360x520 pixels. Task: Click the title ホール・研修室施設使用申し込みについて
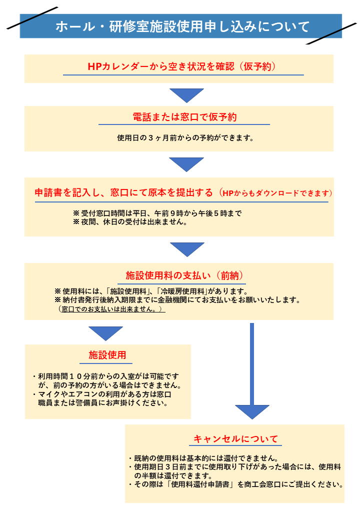click(182, 26)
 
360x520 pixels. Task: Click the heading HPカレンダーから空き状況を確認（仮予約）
click(181, 66)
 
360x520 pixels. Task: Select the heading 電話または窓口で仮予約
click(184, 117)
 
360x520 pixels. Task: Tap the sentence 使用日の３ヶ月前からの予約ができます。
click(185, 138)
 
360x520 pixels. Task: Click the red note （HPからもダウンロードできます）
click(275, 193)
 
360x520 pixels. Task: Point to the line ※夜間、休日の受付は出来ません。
click(130, 222)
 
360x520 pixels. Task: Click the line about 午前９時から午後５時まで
click(157, 213)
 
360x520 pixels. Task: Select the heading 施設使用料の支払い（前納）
click(184, 275)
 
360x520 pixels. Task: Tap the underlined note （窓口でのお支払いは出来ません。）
click(111, 309)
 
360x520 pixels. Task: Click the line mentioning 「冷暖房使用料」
click(151, 291)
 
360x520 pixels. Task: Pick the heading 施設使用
click(107, 355)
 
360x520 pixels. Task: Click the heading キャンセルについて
click(235, 439)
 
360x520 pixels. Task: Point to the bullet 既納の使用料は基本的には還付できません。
click(203, 458)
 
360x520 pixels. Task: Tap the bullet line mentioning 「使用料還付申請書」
click(235, 484)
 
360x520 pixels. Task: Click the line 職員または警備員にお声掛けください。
click(103, 403)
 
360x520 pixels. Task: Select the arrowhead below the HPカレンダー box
click(186, 95)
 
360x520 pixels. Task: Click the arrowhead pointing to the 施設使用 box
click(105, 333)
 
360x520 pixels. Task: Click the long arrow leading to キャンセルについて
click(252, 371)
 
